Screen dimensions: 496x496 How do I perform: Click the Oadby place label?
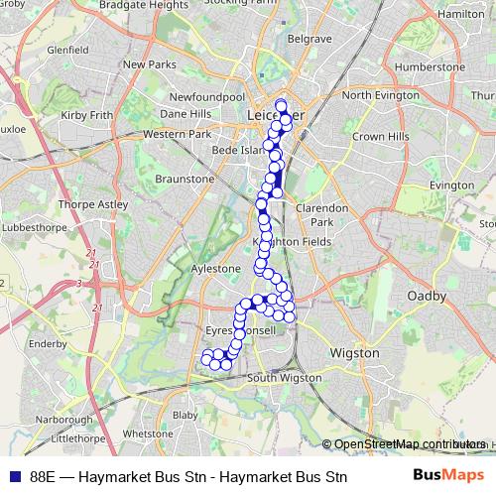click(428, 296)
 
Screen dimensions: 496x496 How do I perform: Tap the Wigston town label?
click(355, 352)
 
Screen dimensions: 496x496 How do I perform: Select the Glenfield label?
click(67, 48)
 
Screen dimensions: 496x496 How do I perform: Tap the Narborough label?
click(63, 420)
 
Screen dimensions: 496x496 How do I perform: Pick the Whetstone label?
click(148, 434)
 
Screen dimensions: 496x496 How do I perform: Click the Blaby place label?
click(185, 415)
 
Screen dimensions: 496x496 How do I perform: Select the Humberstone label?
click(429, 66)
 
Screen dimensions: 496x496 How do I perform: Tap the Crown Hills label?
click(374, 135)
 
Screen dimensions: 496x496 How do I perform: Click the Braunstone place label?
click(185, 179)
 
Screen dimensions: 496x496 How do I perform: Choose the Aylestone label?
click(215, 269)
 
